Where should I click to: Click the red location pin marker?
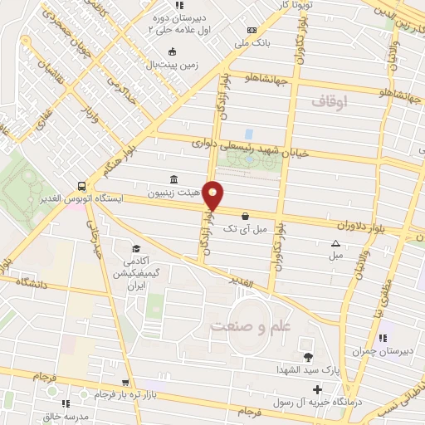[213, 195]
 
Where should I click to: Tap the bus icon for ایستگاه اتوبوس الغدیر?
[81, 186]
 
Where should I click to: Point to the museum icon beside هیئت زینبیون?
[172, 180]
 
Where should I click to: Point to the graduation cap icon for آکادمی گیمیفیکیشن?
[135, 248]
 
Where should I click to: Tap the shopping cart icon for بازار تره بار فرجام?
[125, 383]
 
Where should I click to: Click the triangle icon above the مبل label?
[335, 244]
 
